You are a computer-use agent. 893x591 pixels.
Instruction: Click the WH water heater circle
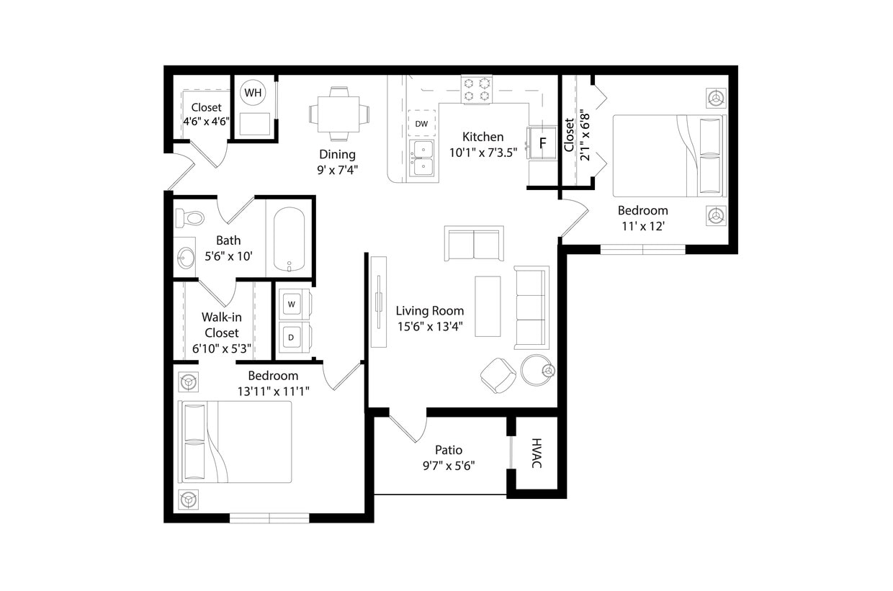253,93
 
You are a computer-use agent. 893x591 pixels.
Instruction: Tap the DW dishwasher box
421,124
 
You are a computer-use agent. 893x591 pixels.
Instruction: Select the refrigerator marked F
542,143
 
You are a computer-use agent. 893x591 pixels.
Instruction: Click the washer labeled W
292,304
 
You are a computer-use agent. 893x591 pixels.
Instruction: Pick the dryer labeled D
292,337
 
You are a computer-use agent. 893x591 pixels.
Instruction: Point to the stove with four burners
476,89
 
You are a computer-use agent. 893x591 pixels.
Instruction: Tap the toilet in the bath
189,217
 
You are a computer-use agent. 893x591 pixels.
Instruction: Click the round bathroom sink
187,257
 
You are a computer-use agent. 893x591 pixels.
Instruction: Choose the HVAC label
537,454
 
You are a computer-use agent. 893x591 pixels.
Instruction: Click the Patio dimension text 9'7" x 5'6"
449,466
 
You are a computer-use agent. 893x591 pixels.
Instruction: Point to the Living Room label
430,311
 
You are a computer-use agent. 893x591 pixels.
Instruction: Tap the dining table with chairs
339,113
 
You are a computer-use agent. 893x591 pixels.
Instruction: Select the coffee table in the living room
488,306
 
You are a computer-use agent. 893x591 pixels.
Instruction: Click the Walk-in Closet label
221,325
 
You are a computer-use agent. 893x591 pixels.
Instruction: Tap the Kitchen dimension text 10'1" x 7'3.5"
483,152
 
